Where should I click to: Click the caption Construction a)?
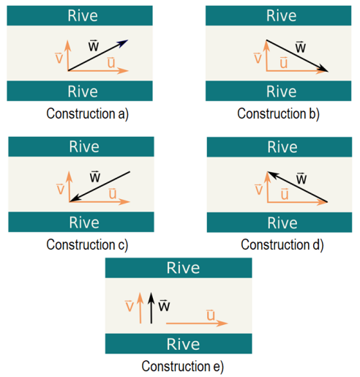[x=87, y=114]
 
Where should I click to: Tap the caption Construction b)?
[x=278, y=114]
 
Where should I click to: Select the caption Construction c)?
[x=87, y=245]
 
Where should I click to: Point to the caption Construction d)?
[x=282, y=245]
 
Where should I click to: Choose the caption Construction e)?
[x=182, y=366]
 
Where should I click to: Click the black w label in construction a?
[x=94, y=45]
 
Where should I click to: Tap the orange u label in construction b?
[x=284, y=62]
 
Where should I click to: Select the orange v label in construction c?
[x=60, y=189]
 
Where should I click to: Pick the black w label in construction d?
[x=301, y=179]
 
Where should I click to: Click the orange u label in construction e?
[x=211, y=315]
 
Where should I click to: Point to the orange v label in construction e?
[x=130, y=306]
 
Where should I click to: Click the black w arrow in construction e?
[x=151, y=308]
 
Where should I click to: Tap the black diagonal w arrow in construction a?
[x=98, y=55]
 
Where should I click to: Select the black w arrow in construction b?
[x=297, y=56]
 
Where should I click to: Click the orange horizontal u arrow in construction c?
[x=100, y=202]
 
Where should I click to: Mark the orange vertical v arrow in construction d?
[x=268, y=187]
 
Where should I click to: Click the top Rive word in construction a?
[x=83, y=15]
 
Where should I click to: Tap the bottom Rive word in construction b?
[x=282, y=92]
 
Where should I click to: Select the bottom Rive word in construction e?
[x=183, y=344]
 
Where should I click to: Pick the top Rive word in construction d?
[x=282, y=147]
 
